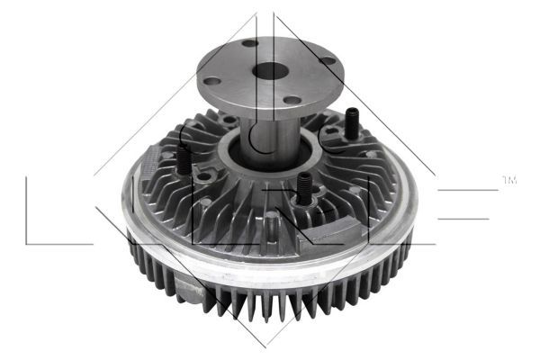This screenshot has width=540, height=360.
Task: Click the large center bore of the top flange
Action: [x=267, y=71]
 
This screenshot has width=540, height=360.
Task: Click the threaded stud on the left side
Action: [x=183, y=161]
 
